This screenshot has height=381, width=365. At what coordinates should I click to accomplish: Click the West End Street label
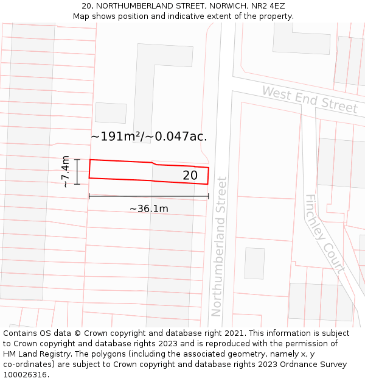tap(310, 100)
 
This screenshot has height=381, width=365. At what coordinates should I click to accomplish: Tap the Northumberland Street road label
tap(218, 246)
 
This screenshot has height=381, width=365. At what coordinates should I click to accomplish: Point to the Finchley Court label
tap(325, 233)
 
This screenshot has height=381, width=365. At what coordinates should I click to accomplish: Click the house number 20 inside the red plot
tap(190, 176)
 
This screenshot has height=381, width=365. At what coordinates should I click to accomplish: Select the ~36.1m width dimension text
tap(148, 208)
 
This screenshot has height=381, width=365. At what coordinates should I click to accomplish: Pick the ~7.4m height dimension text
tap(66, 171)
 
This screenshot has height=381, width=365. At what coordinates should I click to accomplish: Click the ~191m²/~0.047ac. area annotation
tap(149, 137)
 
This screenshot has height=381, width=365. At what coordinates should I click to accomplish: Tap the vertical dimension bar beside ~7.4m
tap(77, 171)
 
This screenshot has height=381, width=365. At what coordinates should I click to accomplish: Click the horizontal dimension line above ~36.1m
tap(148, 196)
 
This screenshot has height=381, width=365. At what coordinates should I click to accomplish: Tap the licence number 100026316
tap(26, 375)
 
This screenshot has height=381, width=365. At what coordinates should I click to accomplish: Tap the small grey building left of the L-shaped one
tap(110, 113)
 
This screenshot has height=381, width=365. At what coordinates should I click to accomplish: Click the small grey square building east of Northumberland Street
tap(254, 263)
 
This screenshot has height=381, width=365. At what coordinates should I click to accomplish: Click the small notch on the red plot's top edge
tap(155, 163)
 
